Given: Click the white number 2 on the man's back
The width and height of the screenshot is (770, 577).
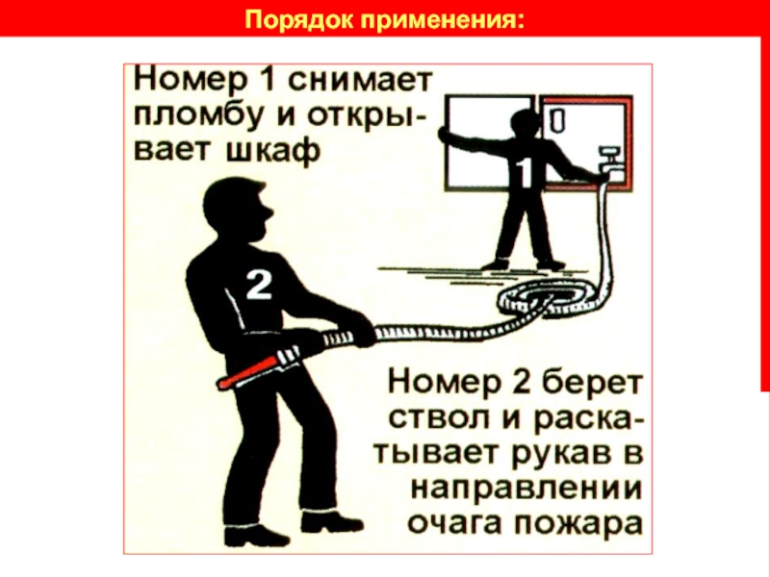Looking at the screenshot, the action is click(258, 286).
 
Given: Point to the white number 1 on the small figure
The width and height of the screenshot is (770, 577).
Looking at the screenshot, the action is click(525, 173).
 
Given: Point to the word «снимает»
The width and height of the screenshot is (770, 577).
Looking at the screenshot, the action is click(359, 81).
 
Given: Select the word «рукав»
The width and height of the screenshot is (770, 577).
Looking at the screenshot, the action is click(556, 454).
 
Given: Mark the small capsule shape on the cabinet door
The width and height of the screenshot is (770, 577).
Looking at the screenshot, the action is click(555, 120).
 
